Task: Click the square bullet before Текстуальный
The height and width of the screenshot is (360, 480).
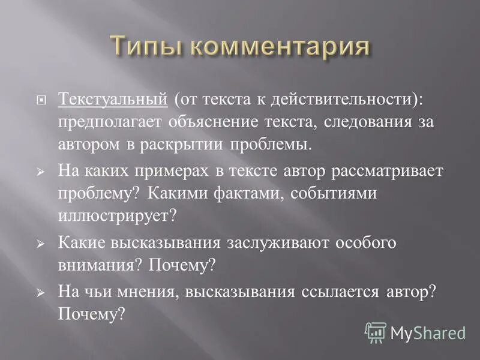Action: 41,100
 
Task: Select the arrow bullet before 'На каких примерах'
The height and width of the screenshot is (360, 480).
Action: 41,172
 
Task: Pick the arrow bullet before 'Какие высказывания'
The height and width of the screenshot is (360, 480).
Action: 41,244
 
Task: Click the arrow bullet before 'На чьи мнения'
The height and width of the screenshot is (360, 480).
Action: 41,292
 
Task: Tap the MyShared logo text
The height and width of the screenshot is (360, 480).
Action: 427,332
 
